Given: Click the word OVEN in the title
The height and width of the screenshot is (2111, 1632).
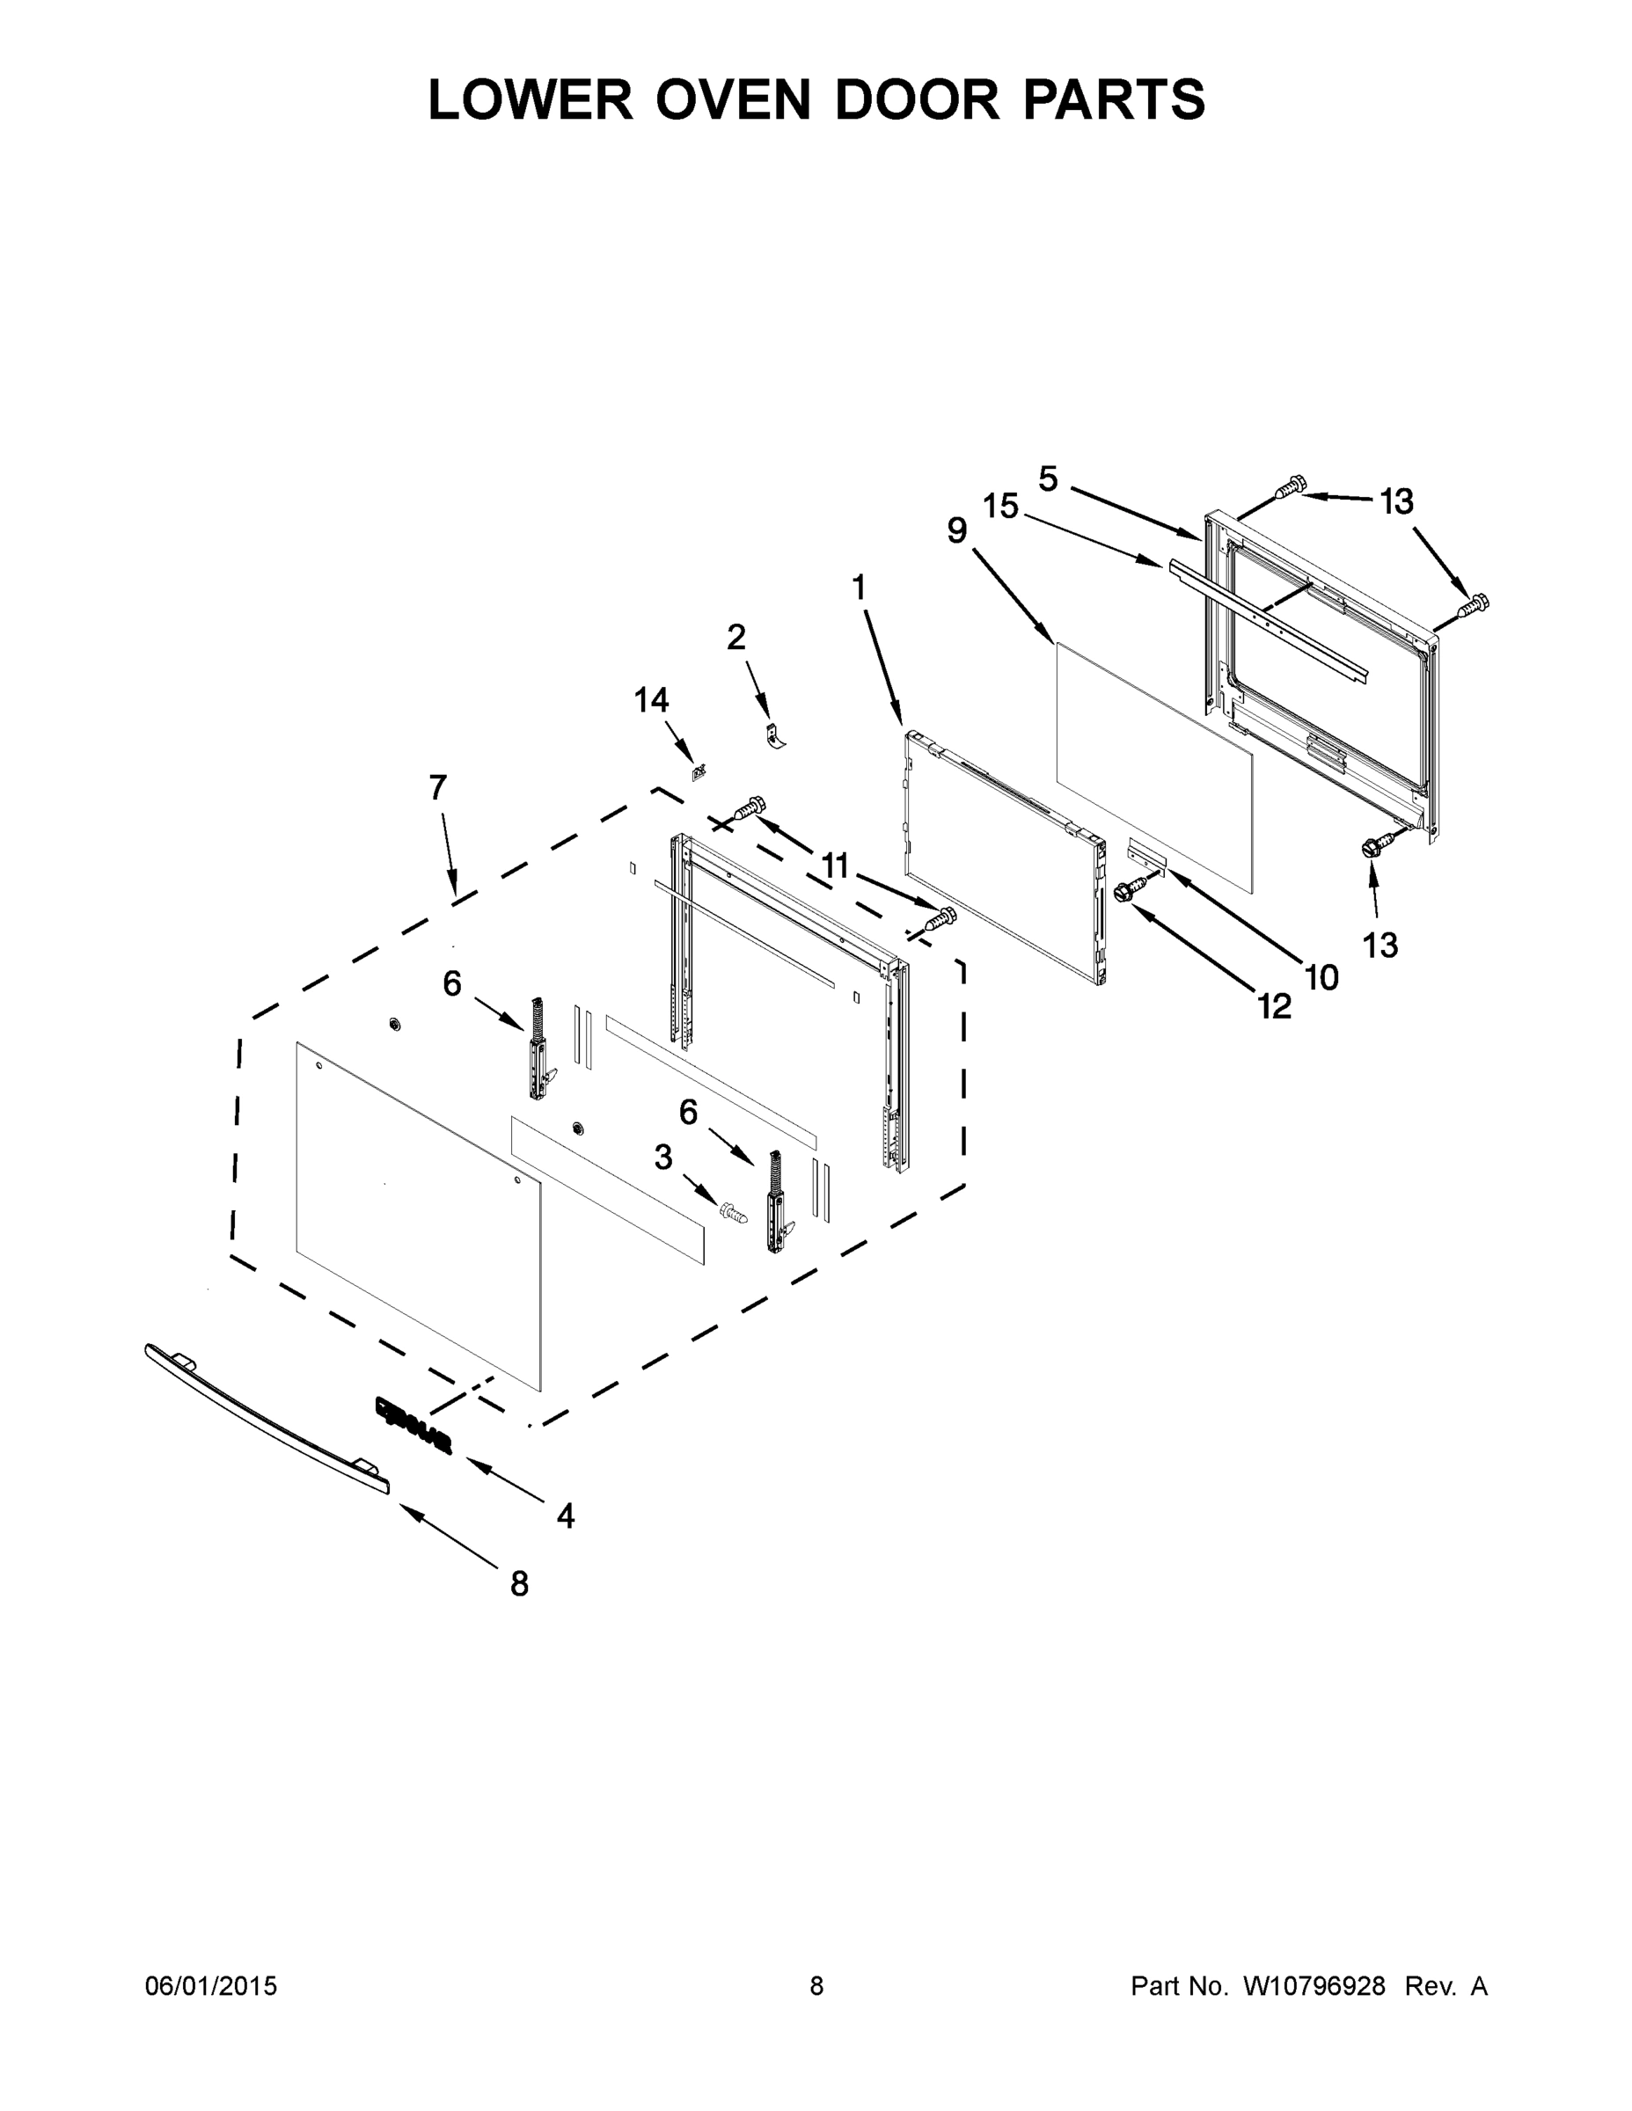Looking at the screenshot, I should click(733, 99).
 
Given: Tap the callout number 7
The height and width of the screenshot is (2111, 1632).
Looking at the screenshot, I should click(438, 788).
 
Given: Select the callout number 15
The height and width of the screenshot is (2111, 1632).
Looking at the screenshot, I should click(1001, 506).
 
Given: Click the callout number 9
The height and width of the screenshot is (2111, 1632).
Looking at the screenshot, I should click(957, 530).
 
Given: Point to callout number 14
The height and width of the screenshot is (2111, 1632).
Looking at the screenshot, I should click(652, 700).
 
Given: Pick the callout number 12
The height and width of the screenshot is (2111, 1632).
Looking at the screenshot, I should click(1275, 1007).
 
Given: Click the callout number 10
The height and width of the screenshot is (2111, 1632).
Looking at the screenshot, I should click(1321, 978).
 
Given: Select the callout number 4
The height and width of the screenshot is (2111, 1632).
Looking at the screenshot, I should click(566, 1516).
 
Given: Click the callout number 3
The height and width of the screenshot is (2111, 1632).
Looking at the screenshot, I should click(663, 1157).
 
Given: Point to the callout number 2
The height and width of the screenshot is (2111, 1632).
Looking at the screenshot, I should click(736, 637).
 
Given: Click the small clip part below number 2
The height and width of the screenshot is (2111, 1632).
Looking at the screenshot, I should click(773, 735).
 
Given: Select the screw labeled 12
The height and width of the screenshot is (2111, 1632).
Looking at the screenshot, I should click(1127, 892).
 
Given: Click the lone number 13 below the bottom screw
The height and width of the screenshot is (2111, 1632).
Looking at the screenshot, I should click(1380, 946).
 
